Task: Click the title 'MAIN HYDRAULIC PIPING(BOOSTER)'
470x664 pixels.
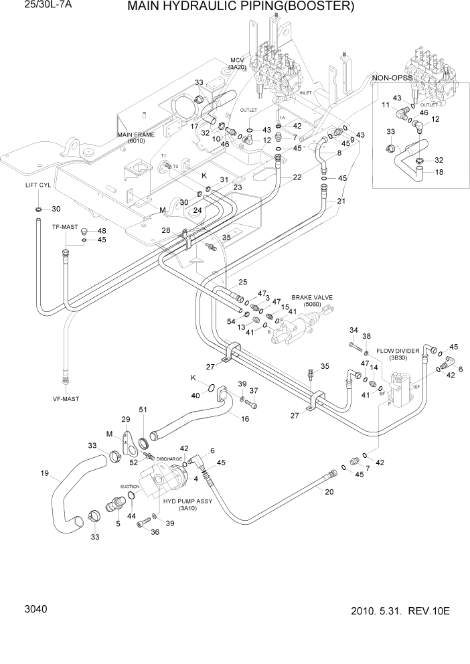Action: click(240, 7)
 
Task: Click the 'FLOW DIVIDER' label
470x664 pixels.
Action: click(398, 350)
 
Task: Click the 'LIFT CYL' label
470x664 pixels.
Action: click(38, 185)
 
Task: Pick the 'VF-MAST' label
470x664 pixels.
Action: click(66, 399)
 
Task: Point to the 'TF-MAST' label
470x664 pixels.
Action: click(66, 227)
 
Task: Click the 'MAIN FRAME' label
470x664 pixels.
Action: click(136, 135)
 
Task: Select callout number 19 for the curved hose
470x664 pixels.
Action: click(45, 474)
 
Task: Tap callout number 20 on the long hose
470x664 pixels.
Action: click(329, 492)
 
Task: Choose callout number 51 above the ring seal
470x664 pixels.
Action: click(142, 410)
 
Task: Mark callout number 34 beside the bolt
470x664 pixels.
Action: click(354, 330)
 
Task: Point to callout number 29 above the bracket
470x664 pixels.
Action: click(125, 419)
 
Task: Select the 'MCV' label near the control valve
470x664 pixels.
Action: click(237, 60)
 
